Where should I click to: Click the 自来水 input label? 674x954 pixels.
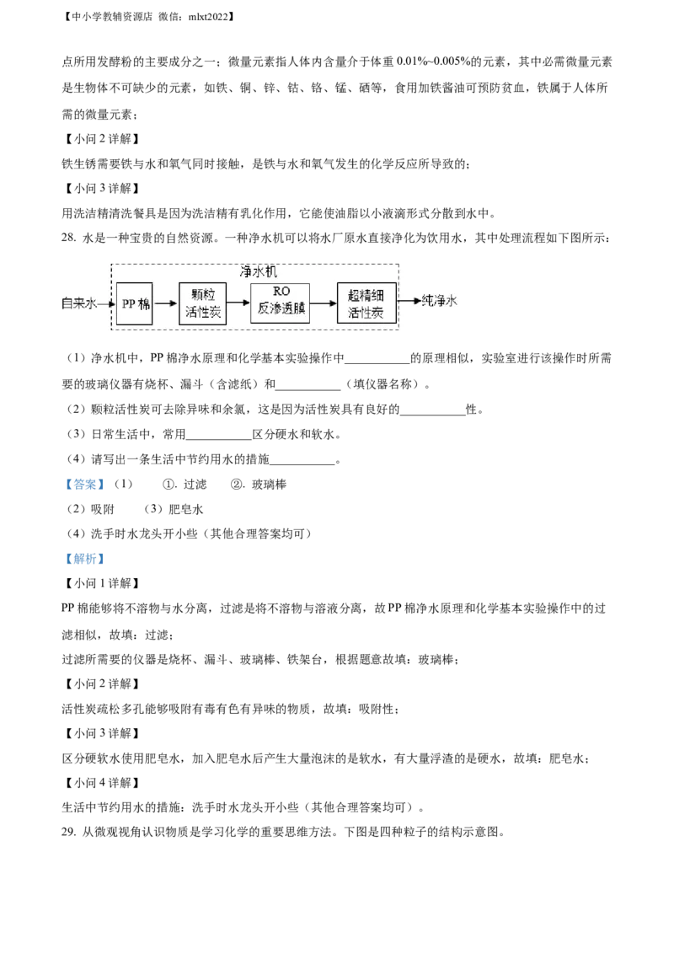tap(79, 303)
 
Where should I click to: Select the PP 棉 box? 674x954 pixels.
tap(135, 303)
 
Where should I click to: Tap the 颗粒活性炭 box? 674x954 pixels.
tap(203, 303)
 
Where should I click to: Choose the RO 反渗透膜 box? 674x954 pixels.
tap(281, 303)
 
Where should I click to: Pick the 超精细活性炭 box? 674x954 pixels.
tap(366, 303)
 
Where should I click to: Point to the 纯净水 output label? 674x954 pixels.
tap(440, 301)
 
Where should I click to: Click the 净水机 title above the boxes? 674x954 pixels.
tap(259, 271)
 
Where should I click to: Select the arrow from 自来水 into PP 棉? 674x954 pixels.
tap(107, 303)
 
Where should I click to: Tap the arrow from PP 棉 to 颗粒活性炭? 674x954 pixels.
tap(166, 303)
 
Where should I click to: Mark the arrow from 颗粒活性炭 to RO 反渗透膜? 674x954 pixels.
tap(238, 303)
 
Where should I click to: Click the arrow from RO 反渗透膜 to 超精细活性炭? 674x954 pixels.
tap(324, 303)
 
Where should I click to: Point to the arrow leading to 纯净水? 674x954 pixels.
tap(409, 301)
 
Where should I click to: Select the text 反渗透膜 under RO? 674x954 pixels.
tap(281, 311)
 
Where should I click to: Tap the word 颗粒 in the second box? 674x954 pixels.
tap(203, 295)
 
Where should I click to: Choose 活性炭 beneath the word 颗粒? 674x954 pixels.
tap(203, 313)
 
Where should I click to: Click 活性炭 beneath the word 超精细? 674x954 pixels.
tap(366, 313)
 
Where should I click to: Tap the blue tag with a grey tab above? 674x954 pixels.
tap(84, 485)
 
